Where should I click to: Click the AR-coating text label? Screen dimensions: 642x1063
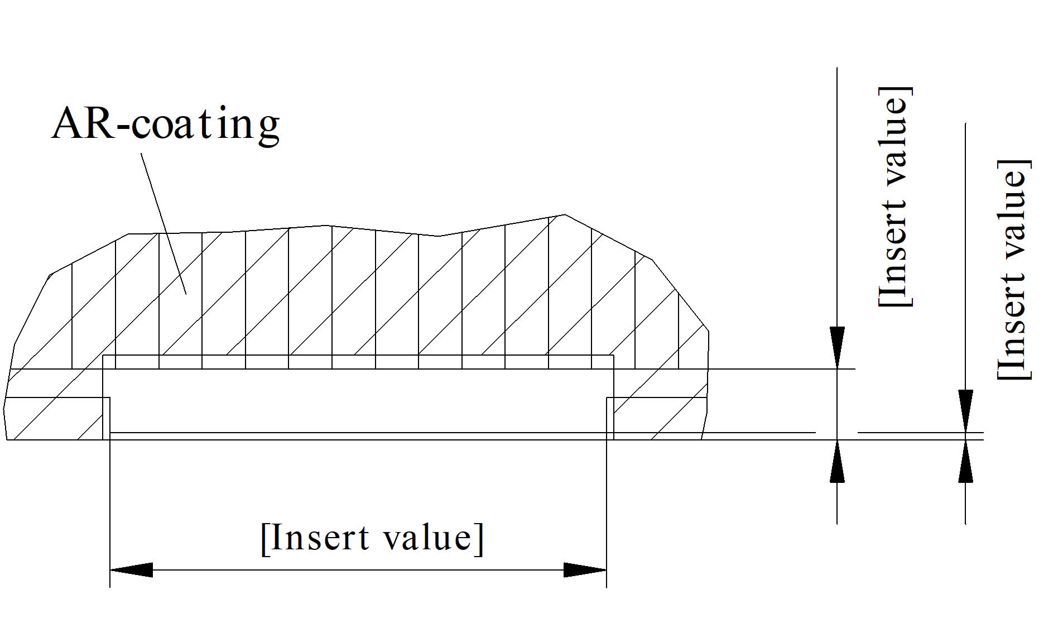[x=166, y=124]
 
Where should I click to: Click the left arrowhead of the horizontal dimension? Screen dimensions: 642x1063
[x=131, y=570]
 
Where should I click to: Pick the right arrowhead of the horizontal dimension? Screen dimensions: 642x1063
[x=585, y=570]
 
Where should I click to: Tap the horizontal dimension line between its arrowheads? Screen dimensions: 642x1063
[x=357, y=570]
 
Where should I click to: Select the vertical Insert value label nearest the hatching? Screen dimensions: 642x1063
[x=895, y=197]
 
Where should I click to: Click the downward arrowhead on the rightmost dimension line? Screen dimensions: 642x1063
[x=965, y=410]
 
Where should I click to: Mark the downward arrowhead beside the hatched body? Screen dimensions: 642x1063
[x=837, y=347]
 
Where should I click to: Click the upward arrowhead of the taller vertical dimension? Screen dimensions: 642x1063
[x=837, y=461]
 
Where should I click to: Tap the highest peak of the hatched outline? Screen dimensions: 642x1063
[x=564, y=215]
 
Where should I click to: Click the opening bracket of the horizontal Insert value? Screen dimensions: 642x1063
[x=265, y=538]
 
